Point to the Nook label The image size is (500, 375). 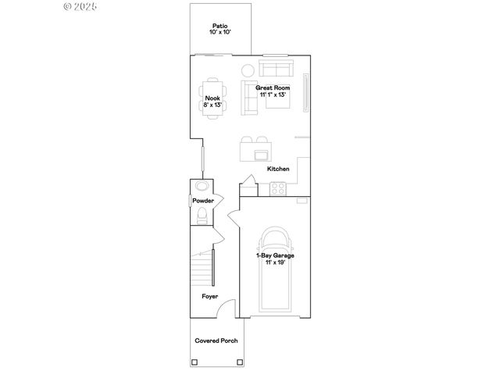coord(213,98)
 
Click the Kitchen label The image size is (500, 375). coord(279,169)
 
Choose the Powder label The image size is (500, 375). coord(202,201)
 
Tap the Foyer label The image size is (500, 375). coord(209,296)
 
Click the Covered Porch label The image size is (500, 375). coord(216,341)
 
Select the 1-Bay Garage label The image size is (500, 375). coord(274,255)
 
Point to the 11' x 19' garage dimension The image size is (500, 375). coord(274,262)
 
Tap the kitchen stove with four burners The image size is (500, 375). coord(278,187)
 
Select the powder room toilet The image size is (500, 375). coord(202,216)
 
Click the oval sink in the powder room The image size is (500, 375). coord(202,187)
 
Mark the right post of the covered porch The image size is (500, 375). coord(238,362)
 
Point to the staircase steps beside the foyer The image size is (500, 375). coord(202,270)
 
